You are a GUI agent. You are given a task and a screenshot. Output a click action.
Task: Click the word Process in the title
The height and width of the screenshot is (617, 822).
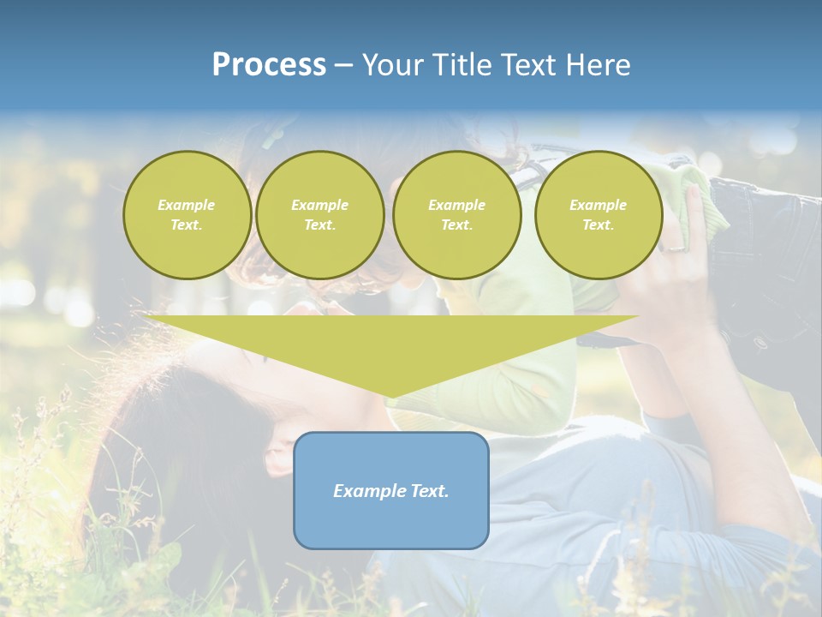tap(269, 65)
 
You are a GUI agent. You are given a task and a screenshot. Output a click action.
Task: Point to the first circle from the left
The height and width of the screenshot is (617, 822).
tap(187, 215)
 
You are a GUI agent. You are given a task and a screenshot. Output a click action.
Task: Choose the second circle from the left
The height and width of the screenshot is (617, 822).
tap(320, 215)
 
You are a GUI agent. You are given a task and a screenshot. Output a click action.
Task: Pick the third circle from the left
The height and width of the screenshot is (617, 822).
tap(457, 215)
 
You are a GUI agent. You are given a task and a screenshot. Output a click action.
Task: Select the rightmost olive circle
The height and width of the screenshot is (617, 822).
tap(599, 215)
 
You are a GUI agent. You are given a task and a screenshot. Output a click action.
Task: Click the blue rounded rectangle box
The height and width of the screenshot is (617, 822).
tap(391, 490)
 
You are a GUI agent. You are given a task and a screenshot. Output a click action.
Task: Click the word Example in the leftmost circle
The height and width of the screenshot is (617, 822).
tap(187, 205)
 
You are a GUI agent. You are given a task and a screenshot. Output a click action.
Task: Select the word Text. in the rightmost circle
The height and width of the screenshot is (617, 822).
tap(599, 225)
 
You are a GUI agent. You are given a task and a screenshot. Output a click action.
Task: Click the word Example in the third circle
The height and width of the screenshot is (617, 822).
tap(457, 205)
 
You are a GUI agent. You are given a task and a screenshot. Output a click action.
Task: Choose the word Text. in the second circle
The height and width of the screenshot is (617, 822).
tap(320, 225)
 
